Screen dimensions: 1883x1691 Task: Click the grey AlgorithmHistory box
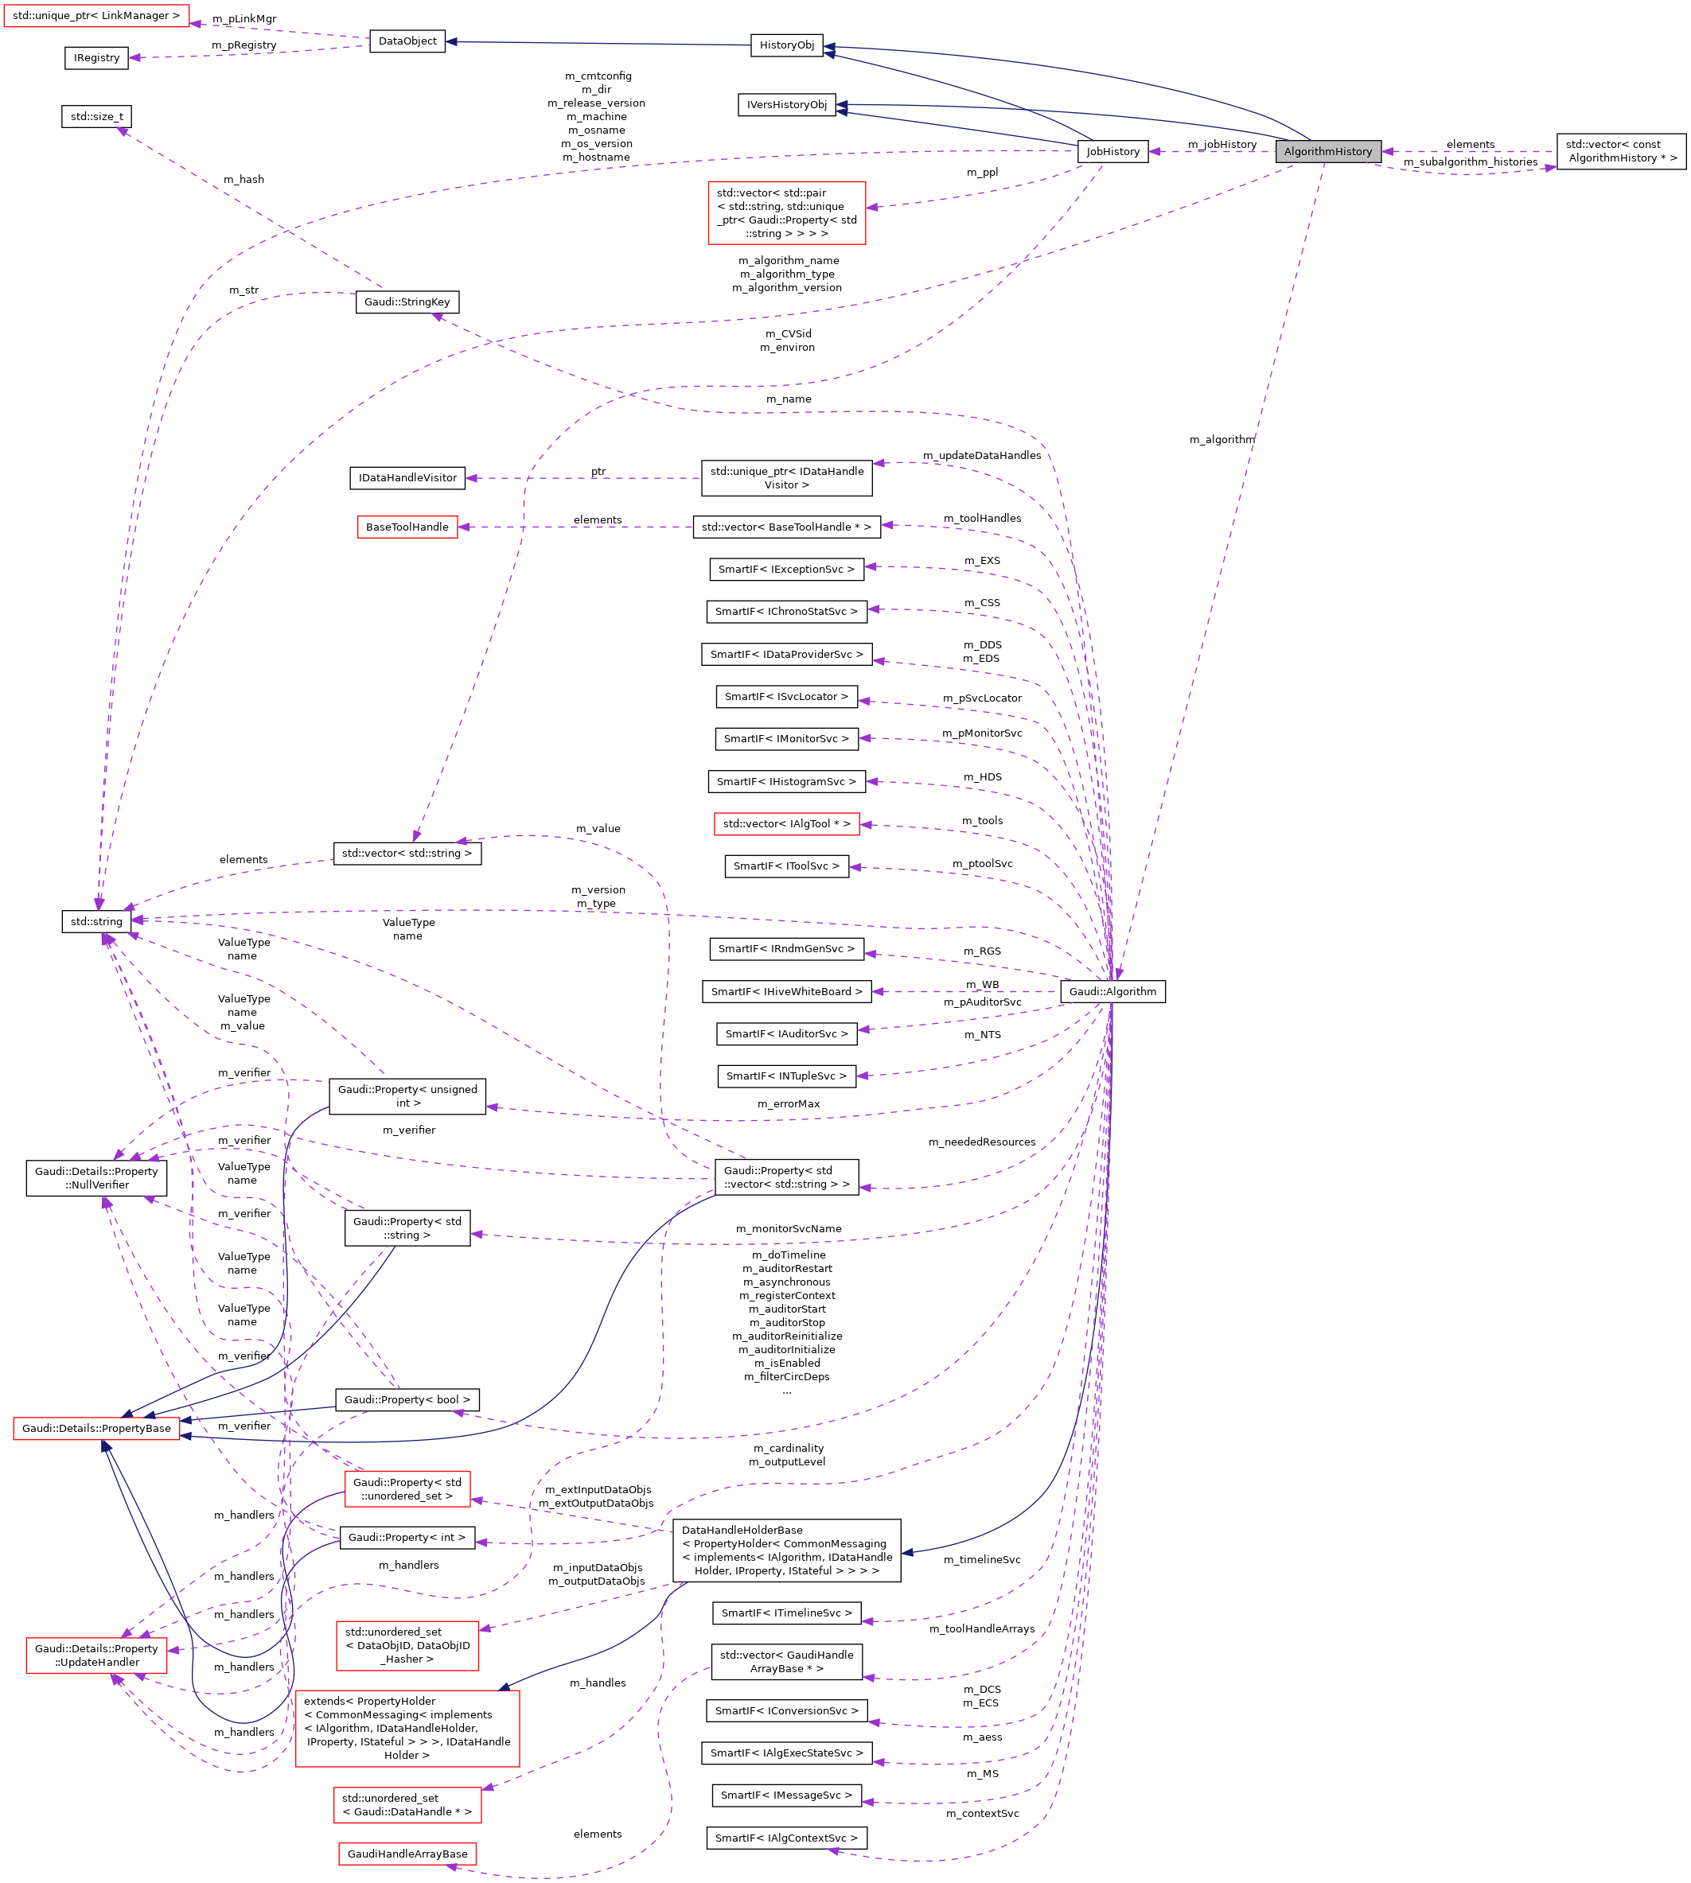1327,151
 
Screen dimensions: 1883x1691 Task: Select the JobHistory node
1112,151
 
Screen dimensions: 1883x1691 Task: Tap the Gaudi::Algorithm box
1112,991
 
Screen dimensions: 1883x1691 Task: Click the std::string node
95,921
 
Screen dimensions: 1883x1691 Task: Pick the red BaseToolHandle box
407,527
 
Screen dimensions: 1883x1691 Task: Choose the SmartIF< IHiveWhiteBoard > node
786,991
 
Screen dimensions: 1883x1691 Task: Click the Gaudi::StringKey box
407,302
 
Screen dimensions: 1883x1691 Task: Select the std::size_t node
96,116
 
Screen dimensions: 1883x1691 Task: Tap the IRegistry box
96,57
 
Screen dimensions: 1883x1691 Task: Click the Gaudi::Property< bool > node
407,1399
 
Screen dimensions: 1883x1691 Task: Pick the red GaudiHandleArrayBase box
407,1854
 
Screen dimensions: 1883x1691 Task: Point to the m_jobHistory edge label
1221,144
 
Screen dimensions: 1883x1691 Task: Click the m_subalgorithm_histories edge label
1470,161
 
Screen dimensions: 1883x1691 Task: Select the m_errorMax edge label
788,1103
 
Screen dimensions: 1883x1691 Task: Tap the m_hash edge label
244,179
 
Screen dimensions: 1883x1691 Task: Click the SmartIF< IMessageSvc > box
786,1795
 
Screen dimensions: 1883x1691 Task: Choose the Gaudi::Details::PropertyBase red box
96,1428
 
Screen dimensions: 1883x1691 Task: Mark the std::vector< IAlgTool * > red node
786,823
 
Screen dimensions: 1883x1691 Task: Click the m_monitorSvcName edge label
788,1228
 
